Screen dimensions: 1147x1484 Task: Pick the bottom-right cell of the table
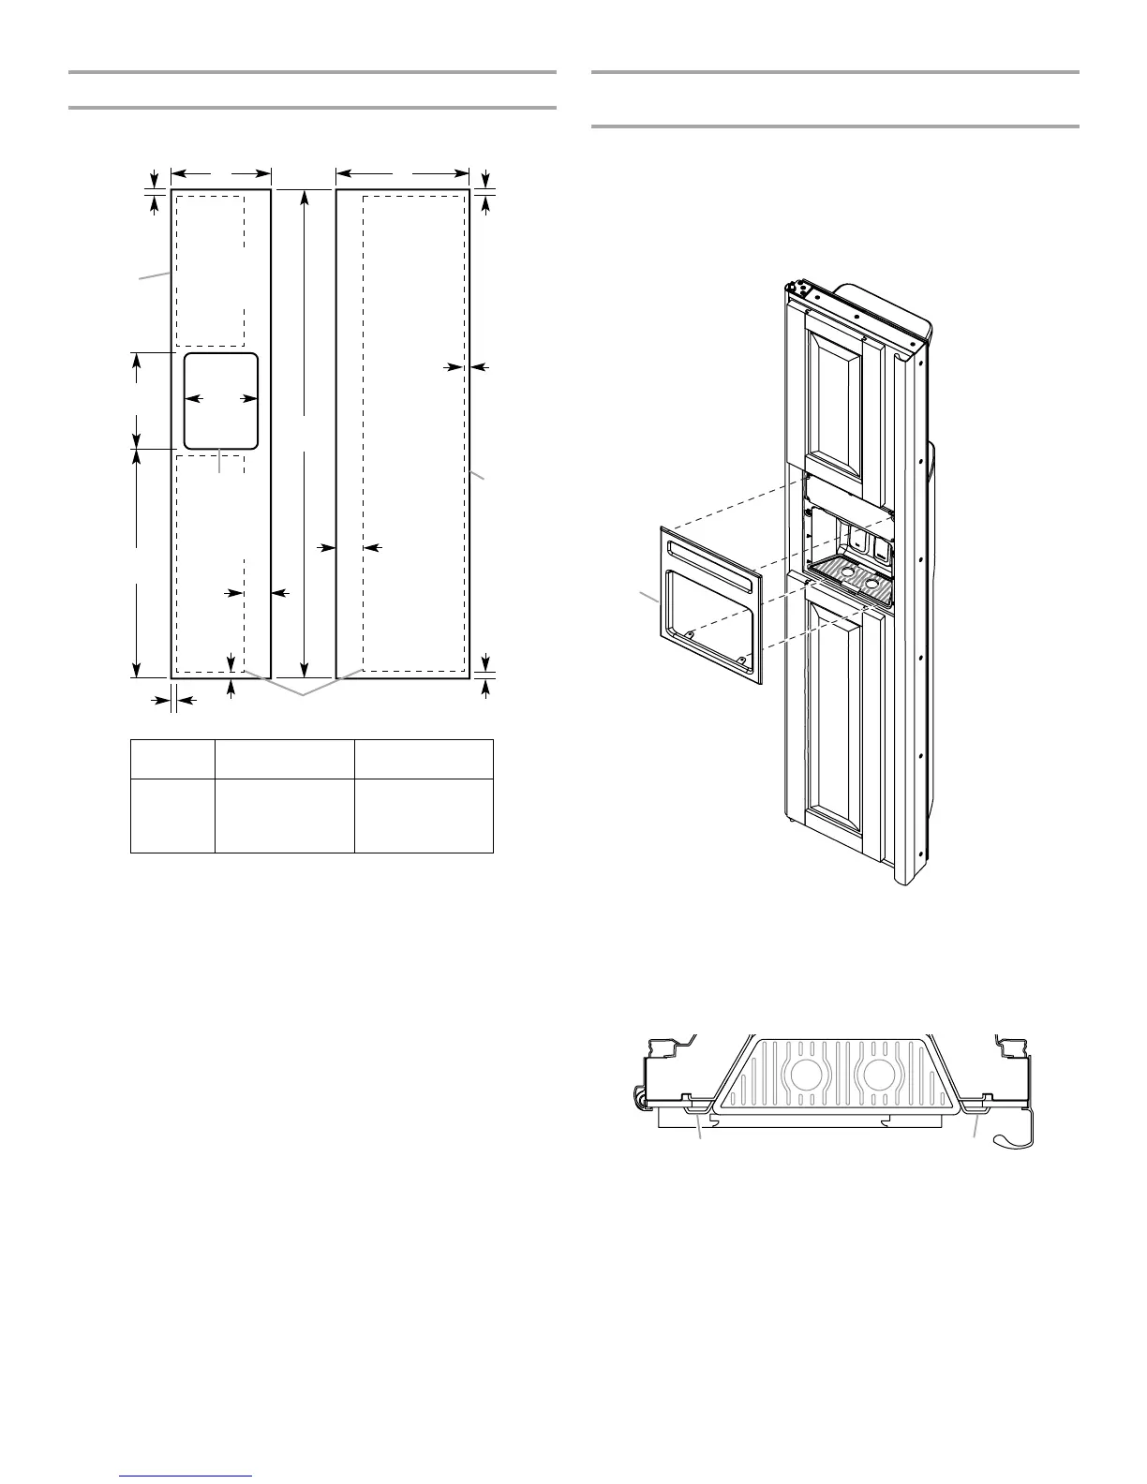[x=424, y=815]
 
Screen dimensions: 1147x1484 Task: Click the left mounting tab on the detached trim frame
[x=689, y=634]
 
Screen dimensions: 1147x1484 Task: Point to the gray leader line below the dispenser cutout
[x=219, y=463]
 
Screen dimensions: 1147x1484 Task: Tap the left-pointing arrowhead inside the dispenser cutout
[x=191, y=399]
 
